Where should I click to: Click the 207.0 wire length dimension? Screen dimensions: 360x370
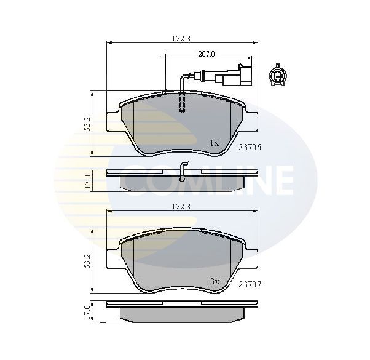(205, 54)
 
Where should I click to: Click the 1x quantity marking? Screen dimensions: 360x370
(214, 143)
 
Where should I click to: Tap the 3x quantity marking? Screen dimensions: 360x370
(214, 281)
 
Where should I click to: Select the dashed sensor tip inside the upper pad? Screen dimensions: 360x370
(181, 102)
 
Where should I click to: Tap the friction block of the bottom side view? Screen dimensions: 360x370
(180, 313)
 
